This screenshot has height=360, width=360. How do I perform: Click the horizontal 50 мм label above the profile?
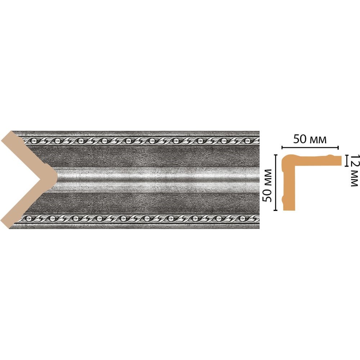310,139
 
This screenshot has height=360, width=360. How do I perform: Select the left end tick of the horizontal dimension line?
282,147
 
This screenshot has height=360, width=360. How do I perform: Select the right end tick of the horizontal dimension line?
338,147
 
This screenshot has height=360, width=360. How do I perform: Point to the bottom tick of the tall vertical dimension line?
276,210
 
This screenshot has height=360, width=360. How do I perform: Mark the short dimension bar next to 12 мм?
346,160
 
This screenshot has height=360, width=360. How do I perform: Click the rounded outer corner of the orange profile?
285,158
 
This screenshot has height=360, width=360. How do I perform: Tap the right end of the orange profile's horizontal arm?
341,161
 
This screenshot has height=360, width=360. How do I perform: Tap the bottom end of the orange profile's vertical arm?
289,210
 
